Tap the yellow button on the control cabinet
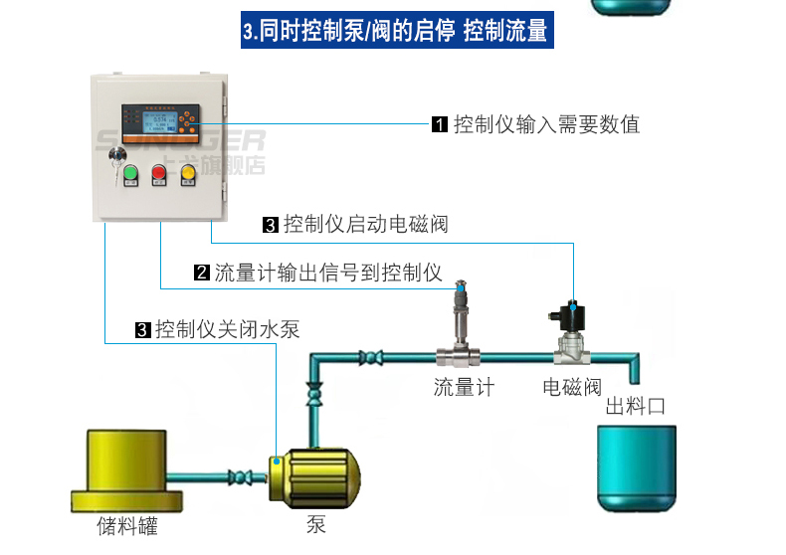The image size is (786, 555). (187, 175)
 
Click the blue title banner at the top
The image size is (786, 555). (395, 29)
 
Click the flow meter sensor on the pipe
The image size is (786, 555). (460, 328)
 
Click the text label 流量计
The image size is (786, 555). (464, 387)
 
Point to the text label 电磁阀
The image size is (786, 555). (572, 387)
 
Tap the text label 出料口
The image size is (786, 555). (635, 407)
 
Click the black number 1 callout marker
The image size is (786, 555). (440, 125)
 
